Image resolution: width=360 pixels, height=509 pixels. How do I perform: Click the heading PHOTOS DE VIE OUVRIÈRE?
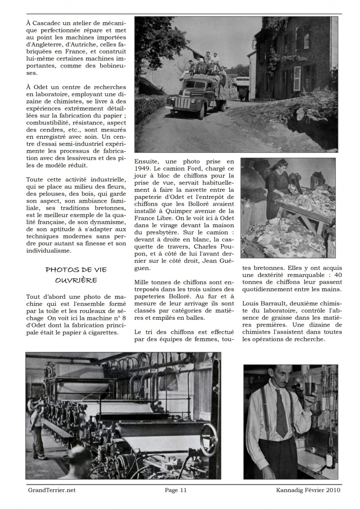[x=76, y=275]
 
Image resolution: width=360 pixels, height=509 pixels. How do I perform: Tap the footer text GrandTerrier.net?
[x=51, y=490]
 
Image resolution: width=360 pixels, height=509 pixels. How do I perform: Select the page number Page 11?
[x=175, y=490]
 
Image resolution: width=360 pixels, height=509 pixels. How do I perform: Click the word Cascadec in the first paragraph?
[x=49, y=23]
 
